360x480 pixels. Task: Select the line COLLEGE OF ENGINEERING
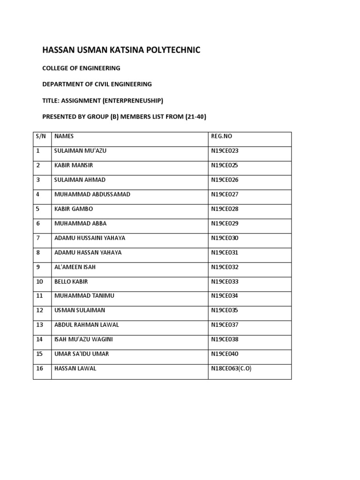(81, 68)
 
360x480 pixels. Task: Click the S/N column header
(40, 136)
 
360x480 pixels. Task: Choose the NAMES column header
(64, 136)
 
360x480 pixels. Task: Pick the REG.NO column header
(222, 136)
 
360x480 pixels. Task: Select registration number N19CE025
(225, 165)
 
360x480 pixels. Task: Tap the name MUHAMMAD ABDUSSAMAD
(92, 195)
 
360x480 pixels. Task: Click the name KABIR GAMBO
(74, 209)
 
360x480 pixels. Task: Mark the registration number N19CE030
(225, 238)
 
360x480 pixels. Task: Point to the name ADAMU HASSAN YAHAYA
(88, 253)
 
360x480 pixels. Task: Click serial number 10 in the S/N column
(39, 282)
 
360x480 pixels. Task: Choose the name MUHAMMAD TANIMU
(84, 296)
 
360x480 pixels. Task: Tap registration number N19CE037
(225, 325)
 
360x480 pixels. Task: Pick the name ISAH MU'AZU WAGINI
(83, 339)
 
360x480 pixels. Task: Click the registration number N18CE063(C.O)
(232, 368)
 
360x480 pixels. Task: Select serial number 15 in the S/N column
(39, 354)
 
